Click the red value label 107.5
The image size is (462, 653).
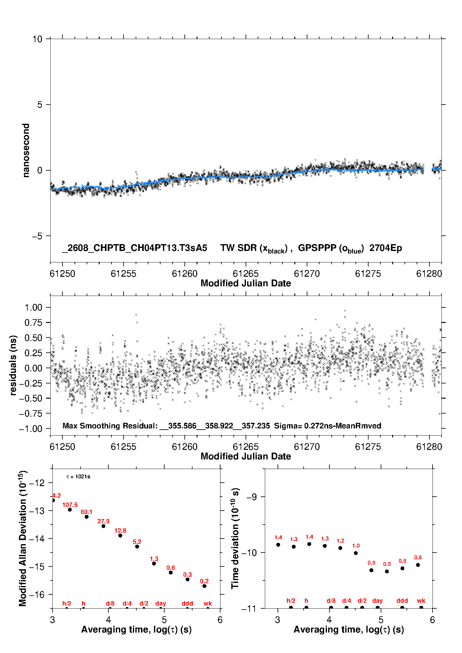pyautogui.click(x=70, y=505)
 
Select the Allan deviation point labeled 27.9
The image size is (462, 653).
pyautogui.click(x=103, y=526)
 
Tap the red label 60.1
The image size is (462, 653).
pyautogui.click(x=87, y=512)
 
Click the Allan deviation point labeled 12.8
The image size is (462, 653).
pyautogui.click(x=120, y=535)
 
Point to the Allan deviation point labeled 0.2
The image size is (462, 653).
pyautogui.click(x=204, y=586)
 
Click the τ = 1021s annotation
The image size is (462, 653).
pyautogui.click(x=78, y=476)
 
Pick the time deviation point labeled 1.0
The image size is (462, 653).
pyautogui.click(x=356, y=553)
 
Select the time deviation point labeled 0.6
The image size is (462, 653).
pyautogui.click(x=418, y=565)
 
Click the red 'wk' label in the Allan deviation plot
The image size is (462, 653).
pyautogui.click(x=208, y=603)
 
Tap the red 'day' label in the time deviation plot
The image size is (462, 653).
pyautogui.click(x=378, y=601)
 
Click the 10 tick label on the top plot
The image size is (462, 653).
pyautogui.click(x=37, y=39)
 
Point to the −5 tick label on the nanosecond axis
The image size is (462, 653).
pyautogui.click(x=37, y=236)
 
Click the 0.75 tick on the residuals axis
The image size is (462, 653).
pyautogui.click(x=34, y=323)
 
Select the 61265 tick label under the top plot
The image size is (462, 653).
pyautogui.click(x=246, y=274)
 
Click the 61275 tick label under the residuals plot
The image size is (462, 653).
pyautogui.click(x=368, y=447)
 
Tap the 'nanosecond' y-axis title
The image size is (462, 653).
pyautogui.click(x=26, y=150)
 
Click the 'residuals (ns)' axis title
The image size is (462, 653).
pyautogui.click(x=13, y=365)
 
